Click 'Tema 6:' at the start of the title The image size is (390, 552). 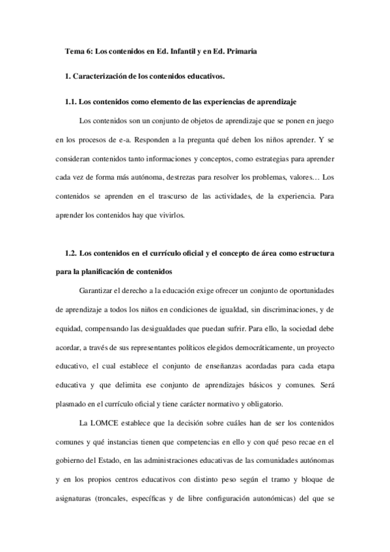tap(79, 51)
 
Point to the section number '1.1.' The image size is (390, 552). tap(71, 103)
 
